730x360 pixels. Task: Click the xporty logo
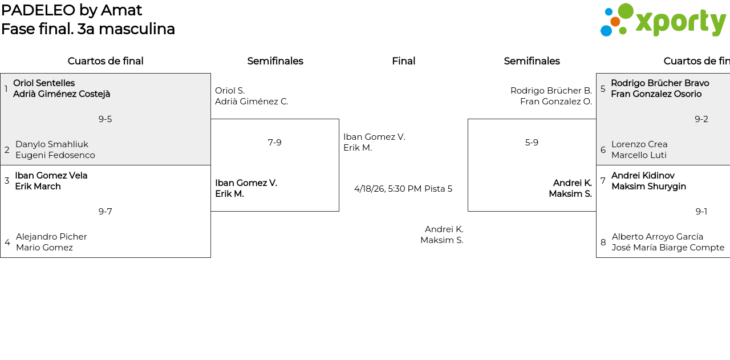[663, 21]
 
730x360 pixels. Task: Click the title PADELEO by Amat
[71, 10]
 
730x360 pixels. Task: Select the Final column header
[403, 61]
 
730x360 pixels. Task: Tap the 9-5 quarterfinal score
[105, 119]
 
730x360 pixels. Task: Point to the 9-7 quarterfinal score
[105, 212]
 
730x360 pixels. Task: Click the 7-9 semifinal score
[274, 143]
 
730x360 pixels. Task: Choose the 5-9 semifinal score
[532, 143]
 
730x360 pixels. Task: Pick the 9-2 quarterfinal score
[701, 119]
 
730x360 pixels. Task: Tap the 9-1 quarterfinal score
[701, 212]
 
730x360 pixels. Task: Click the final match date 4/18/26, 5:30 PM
[388, 189]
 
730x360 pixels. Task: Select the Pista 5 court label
[438, 189]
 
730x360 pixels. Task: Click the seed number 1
[6, 89]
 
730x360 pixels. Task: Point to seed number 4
[7, 242]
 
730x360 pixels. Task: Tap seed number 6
[603, 150]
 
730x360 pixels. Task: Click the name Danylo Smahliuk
[52, 144]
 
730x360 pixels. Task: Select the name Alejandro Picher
[51, 237]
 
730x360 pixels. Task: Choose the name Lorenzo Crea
[639, 144]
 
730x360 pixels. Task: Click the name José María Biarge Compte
[668, 248]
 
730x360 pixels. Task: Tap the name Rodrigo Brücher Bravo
[660, 83]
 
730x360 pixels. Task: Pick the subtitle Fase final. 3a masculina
[88, 29]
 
